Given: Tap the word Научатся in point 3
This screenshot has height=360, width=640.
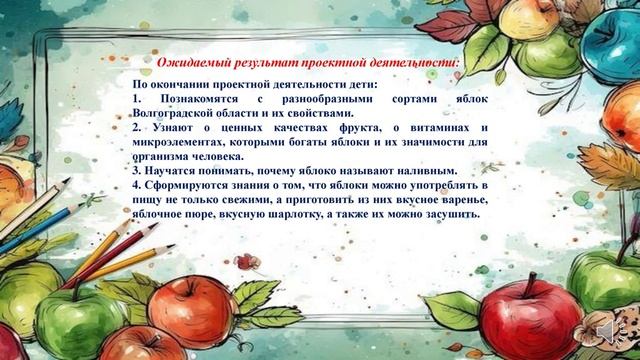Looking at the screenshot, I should point(172,171).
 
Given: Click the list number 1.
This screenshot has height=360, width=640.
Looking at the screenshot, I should point(136,100).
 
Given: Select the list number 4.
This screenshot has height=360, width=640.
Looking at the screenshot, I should point(136,186).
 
